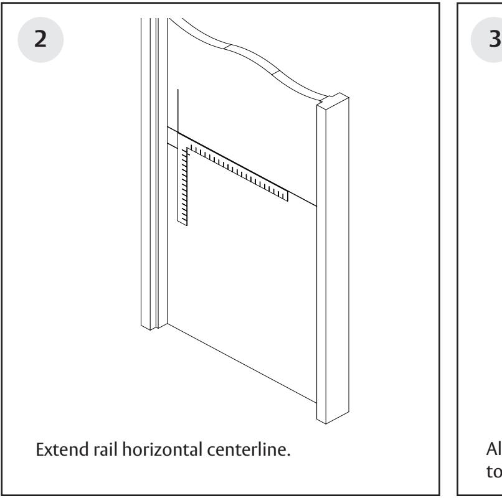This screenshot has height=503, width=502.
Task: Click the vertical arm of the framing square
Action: pos(183,187)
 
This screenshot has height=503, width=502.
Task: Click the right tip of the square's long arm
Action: pos(287,196)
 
